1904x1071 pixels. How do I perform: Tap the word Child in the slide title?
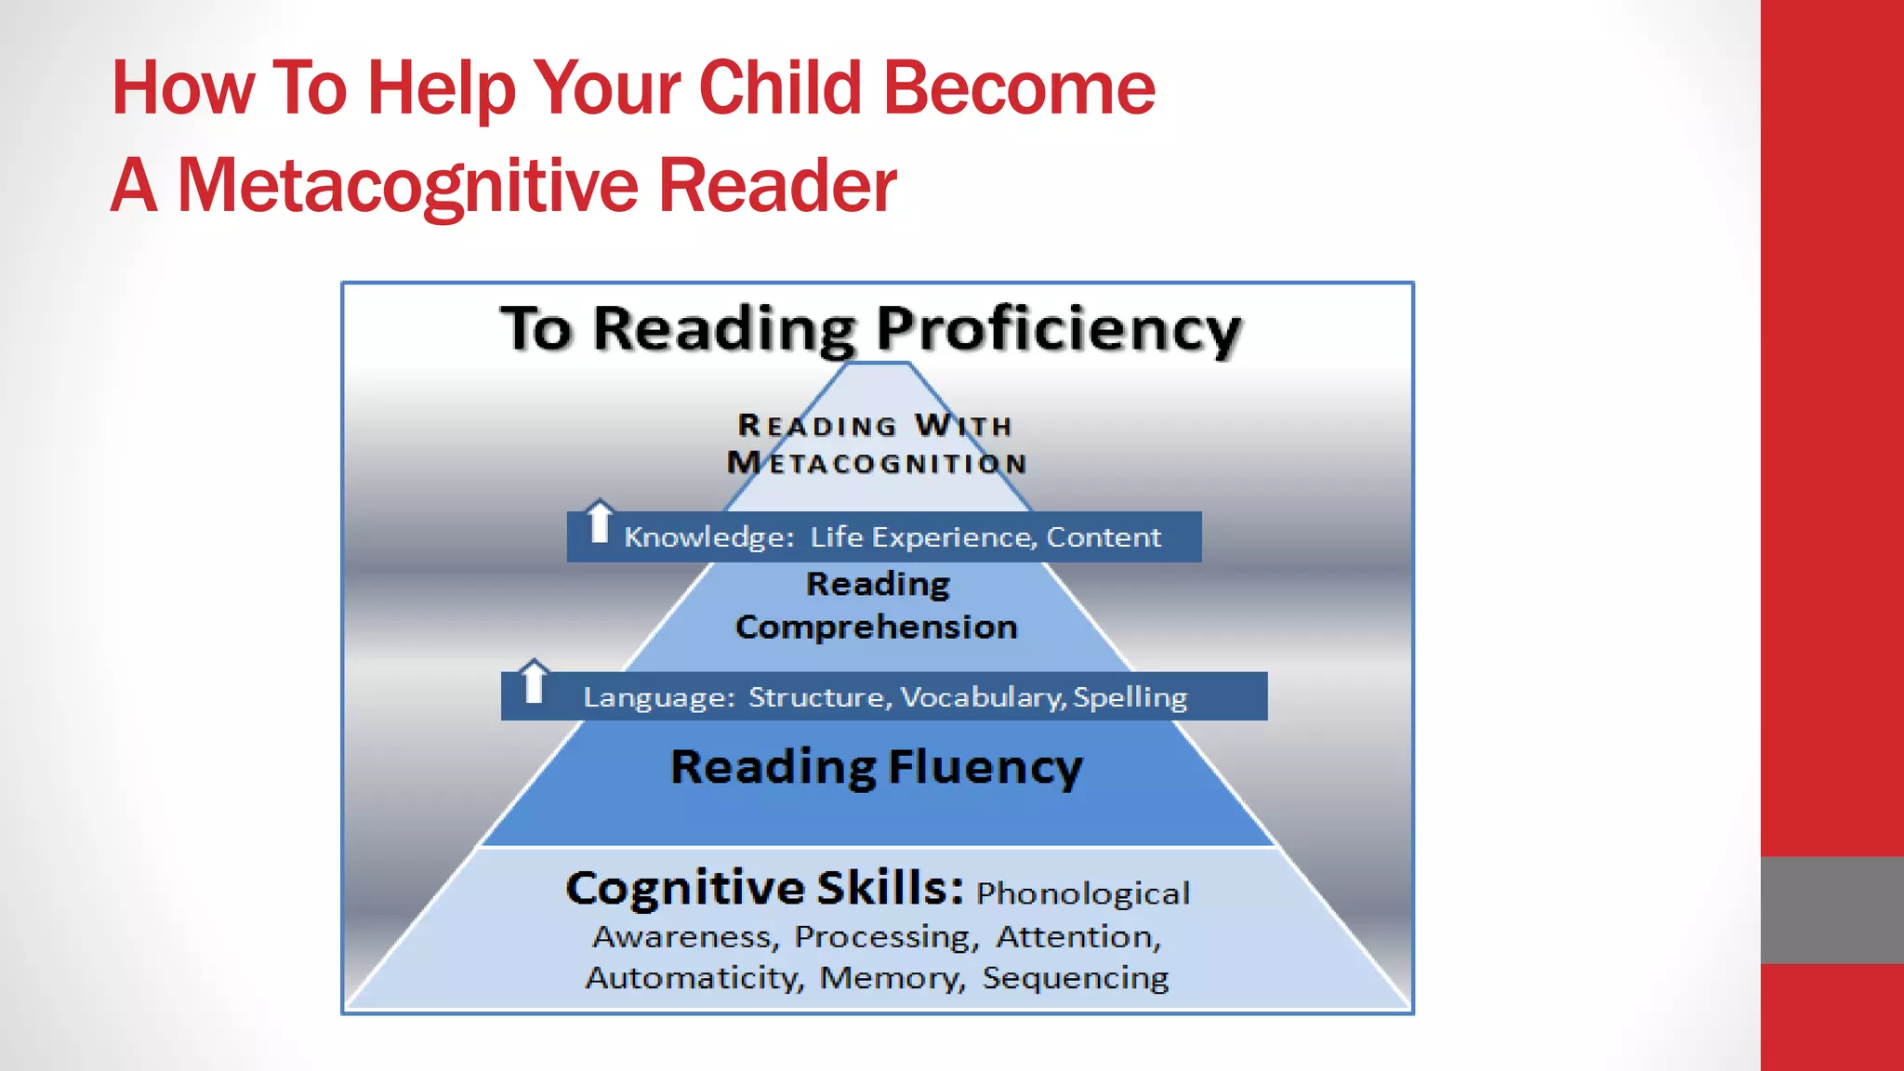(780, 88)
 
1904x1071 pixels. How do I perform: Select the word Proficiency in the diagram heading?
(1059, 330)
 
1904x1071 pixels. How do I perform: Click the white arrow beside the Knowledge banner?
(600, 522)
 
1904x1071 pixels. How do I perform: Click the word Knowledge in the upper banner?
(708, 537)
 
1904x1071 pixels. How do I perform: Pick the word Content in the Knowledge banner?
(1104, 537)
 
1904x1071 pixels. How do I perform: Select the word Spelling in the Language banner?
(1130, 697)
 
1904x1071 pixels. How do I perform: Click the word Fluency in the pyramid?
(985, 768)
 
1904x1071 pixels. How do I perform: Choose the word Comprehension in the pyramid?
(877, 628)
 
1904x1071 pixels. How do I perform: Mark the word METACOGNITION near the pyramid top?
(877, 463)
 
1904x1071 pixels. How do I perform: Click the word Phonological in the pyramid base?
(1083, 893)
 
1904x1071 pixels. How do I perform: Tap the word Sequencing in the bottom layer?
(1076, 978)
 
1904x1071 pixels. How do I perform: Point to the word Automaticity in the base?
(694, 978)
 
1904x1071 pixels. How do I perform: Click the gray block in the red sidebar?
(1831, 910)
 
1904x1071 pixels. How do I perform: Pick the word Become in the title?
(1018, 88)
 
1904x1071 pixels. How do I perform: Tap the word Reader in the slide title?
(777, 186)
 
